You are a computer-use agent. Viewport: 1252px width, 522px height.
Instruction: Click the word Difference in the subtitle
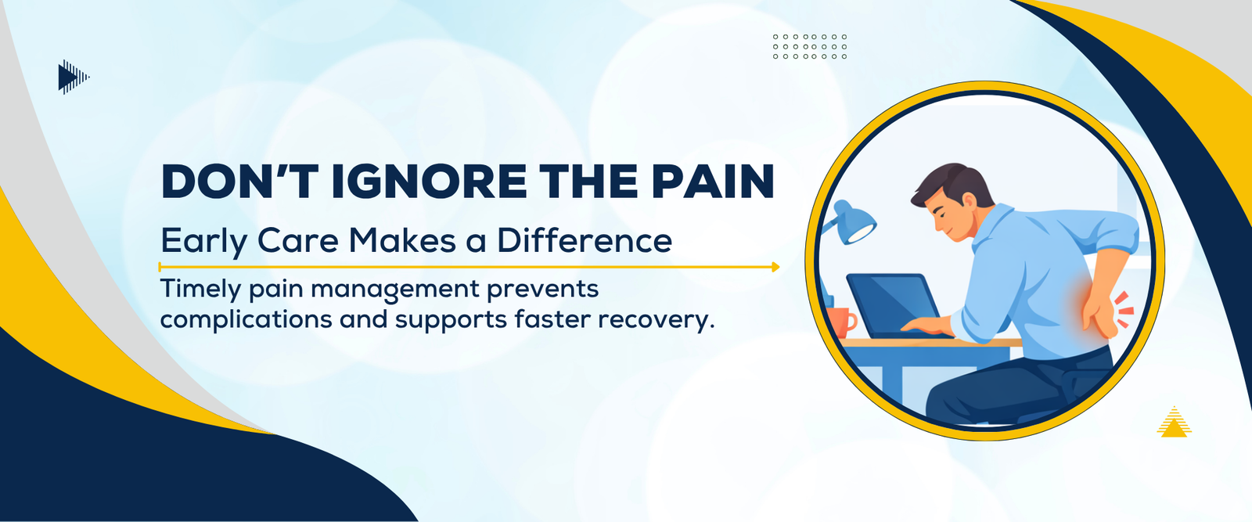coord(585,241)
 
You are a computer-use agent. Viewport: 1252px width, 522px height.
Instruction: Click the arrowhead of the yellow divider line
coord(775,267)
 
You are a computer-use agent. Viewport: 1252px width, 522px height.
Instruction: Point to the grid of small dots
coord(810,46)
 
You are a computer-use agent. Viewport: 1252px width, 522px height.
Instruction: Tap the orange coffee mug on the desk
coord(840,322)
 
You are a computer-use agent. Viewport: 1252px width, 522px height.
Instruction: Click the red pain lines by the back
coord(1124,309)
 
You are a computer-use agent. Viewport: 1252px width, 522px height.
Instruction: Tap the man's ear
coord(970,202)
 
